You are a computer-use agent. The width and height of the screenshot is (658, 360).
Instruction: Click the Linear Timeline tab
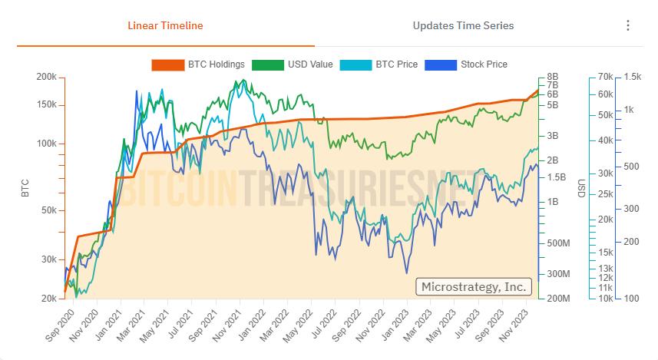pyautogui.click(x=165, y=25)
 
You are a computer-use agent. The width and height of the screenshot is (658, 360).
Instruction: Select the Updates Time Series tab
pyautogui.click(x=463, y=25)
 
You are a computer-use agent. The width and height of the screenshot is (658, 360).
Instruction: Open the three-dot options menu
pyautogui.click(x=628, y=25)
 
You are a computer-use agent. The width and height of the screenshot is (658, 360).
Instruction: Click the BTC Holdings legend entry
pyautogui.click(x=198, y=64)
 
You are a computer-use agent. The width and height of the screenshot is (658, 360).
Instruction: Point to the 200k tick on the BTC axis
pyautogui.click(x=46, y=78)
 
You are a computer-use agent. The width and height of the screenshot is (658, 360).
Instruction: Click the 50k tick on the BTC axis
pyautogui.click(x=49, y=210)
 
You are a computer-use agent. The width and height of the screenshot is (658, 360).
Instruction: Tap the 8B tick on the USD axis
pyautogui.click(x=552, y=78)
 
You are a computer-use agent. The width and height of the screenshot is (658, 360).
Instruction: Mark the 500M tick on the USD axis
pyautogui.click(x=558, y=243)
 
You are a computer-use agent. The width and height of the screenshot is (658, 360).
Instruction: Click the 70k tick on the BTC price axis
pyautogui.click(x=603, y=78)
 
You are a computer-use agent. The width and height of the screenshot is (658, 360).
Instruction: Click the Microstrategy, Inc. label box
pyautogui.click(x=473, y=286)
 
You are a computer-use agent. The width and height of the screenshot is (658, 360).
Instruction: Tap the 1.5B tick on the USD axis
pyautogui.click(x=557, y=177)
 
